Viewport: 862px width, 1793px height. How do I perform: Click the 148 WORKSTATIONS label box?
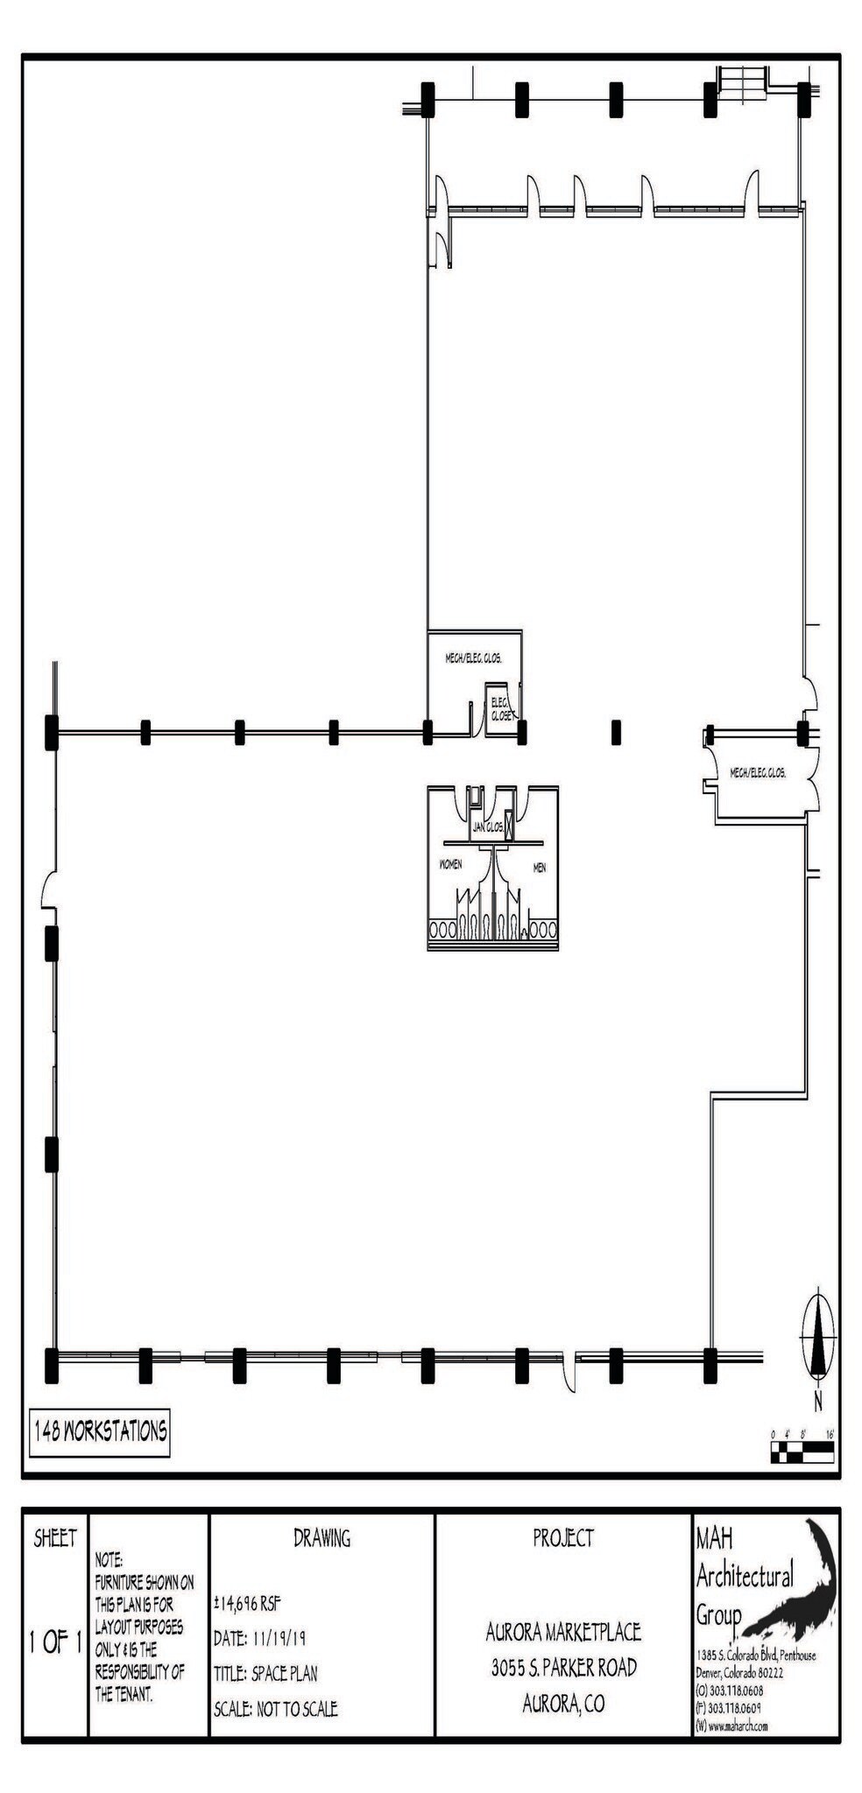[x=99, y=1432]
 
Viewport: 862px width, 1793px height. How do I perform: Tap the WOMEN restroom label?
[x=450, y=864]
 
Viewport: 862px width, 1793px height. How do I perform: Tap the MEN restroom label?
[x=540, y=868]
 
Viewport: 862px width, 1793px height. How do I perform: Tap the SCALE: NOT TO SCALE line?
[x=275, y=1708]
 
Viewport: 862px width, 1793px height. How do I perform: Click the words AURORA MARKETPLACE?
[x=563, y=1632]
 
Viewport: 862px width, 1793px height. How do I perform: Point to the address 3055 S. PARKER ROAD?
[x=563, y=1668]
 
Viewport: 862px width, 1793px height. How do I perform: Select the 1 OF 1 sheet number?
[x=54, y=1642]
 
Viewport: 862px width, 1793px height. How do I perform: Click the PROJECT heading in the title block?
[x=563, y=1537]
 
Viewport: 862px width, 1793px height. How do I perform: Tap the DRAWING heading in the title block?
[x=321, y=1538]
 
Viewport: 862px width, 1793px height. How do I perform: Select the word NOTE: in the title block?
[x=110, y=1560]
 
